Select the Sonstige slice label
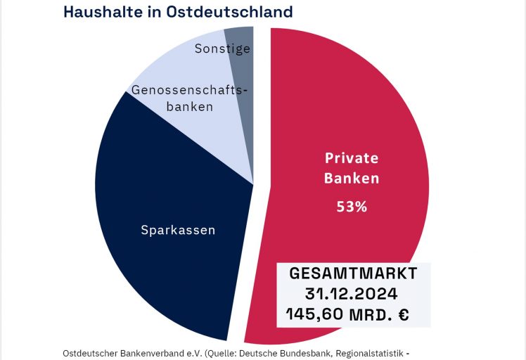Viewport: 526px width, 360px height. [x=222, y=49]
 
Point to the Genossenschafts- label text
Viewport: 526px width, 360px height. [x=190, y=90]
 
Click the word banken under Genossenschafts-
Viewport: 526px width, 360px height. [x=189, y=107]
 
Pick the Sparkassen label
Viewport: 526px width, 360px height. [x=178, y=230]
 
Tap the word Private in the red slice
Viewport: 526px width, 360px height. [x=351, y=158]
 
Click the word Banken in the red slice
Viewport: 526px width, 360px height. [x=351, y=178]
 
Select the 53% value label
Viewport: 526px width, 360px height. [x=351, y=207]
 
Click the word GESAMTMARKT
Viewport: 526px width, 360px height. [x=354, y=273]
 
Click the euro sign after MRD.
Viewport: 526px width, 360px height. [x=403, y=314]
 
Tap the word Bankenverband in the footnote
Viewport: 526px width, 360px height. [x=159, y=352]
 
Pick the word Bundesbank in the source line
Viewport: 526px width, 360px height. [x=318, y=352]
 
